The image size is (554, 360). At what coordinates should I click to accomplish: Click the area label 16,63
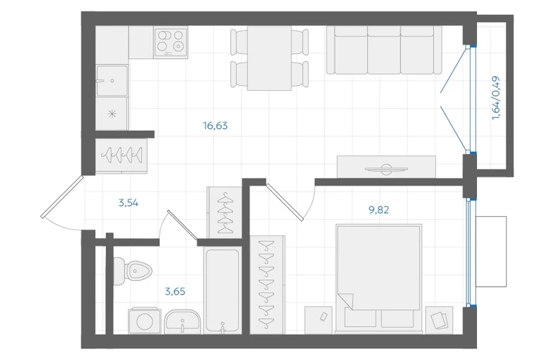[x=215, y=125]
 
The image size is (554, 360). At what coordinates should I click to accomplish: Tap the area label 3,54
[x=128, y=203]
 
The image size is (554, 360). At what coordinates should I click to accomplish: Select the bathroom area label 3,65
[x=176, y=292]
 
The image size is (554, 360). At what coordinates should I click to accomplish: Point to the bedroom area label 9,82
[x=378, y=210]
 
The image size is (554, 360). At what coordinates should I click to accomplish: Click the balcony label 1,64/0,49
[x=496, y=98]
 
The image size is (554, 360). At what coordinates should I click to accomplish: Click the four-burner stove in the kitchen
[x=171, y=42]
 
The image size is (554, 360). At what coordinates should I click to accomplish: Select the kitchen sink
[x=112, y=81]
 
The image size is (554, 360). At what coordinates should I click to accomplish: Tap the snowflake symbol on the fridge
[x=112, y=114]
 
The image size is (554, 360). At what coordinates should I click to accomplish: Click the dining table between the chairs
[x=269, y=58]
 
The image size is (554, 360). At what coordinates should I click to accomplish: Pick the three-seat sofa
[x=384, y=50]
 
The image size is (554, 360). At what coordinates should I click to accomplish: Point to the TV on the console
[x=386, y=169]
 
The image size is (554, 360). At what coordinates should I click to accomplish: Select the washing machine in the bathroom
[x=145, y=321]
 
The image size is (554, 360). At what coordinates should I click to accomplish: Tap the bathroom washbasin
[x=182, y=322]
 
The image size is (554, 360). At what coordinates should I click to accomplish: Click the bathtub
[x=223, y=291]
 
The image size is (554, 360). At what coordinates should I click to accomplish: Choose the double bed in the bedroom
[x=378, y=279]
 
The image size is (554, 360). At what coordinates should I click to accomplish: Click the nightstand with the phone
[x=318, y=320]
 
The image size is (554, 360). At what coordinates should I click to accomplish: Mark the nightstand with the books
[x=439, y=320]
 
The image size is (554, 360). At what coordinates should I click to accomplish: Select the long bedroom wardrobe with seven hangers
[x=267, y=284]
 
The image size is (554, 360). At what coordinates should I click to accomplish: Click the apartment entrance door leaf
[x=63, y=197]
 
